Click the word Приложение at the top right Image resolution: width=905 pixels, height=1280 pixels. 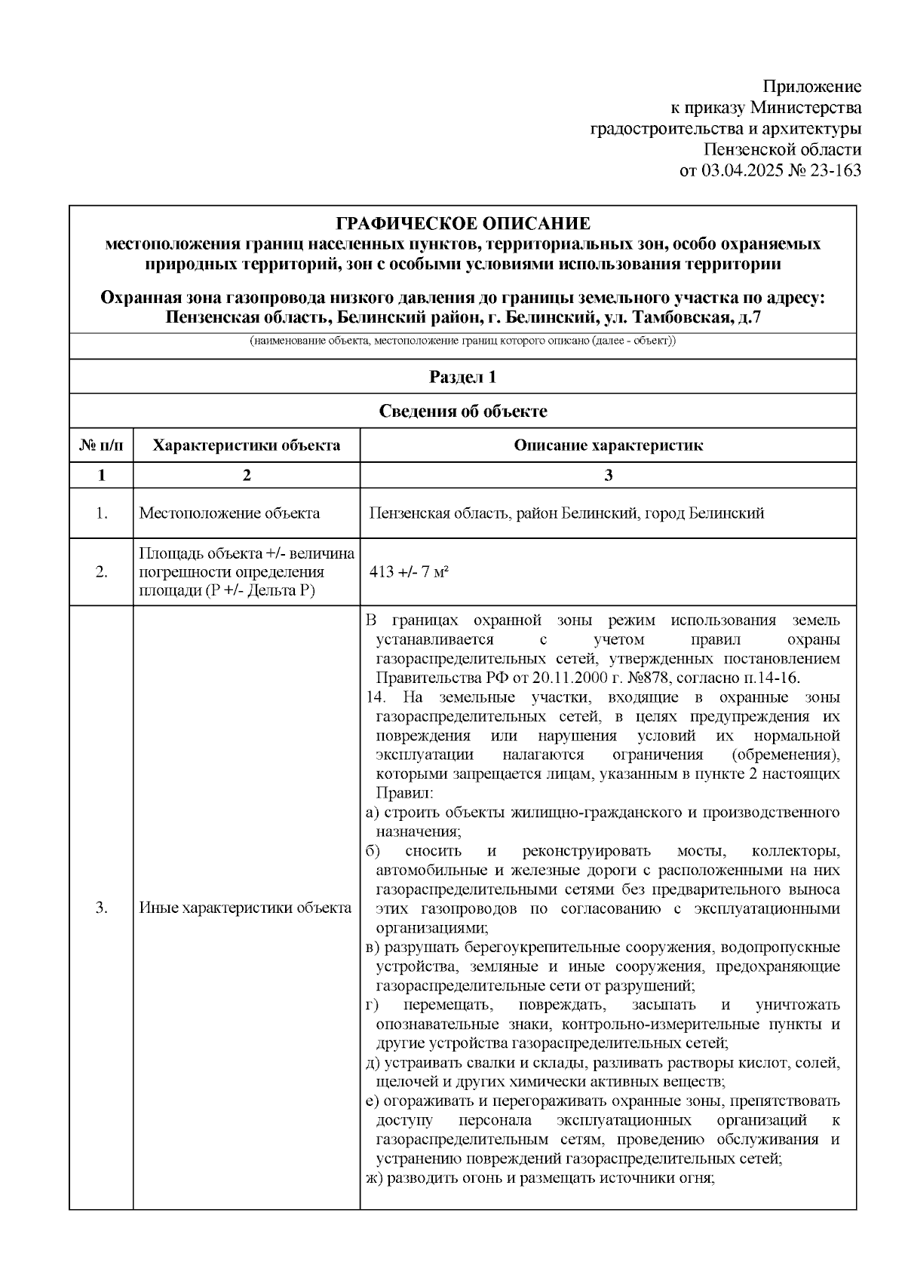tap(811, 86)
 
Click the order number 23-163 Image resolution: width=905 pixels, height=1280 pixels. tap(835, 170)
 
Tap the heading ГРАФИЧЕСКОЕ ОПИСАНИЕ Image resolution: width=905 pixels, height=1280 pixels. tap(462, 224)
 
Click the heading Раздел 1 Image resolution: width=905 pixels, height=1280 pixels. tap(462, 377)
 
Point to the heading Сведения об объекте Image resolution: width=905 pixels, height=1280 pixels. tap(462, 412)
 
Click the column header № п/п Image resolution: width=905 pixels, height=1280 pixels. tap(101, 446)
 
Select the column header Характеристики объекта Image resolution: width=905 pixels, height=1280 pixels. tap(246, 446)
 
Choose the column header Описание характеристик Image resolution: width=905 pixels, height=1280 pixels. tap(608, 446)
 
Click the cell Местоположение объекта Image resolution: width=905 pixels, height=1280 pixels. tap(229, 513)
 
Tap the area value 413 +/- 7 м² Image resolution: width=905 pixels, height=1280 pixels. tap(410, 572)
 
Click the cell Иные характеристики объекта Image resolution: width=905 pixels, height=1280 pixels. tap(245, 908)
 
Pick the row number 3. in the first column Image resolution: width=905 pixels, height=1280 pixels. tap(101, 908)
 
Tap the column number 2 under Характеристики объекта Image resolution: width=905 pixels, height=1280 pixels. tap(246, 475)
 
